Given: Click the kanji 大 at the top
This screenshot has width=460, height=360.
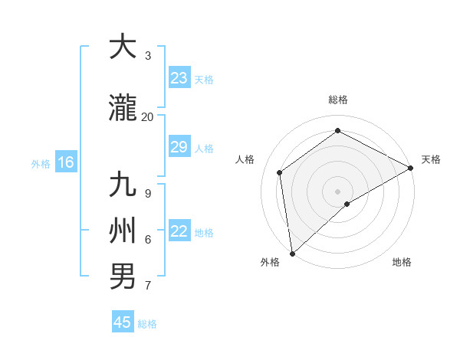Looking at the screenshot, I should coord(123,47).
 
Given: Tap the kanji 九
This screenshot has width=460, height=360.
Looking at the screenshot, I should coord(123,185).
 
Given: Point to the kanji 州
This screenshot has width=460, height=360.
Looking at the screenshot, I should coord(123,231).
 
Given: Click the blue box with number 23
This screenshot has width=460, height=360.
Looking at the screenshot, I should coord(179,78).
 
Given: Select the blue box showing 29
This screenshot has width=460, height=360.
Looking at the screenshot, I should coord(179,147).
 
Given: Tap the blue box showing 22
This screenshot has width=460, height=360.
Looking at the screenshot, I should coord(179,231).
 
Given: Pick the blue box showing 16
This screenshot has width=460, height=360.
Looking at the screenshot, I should coord(66,162).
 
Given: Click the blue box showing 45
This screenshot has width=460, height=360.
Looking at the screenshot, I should coord(123,322).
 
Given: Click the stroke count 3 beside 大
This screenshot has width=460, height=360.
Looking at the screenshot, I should coord(148,56).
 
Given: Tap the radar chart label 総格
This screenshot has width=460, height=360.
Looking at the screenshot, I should coord(337,100).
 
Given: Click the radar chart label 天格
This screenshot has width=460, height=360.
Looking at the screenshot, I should coord(431,159).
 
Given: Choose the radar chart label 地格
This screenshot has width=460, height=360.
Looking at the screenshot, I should coord(402,263).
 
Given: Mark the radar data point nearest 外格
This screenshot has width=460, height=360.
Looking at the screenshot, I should coord(291,254).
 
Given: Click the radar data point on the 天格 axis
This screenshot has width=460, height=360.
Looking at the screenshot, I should coord(410,168).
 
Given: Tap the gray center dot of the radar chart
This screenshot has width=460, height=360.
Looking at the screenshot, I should coord(337,191).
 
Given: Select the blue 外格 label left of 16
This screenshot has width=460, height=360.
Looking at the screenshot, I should coord(40,163).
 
